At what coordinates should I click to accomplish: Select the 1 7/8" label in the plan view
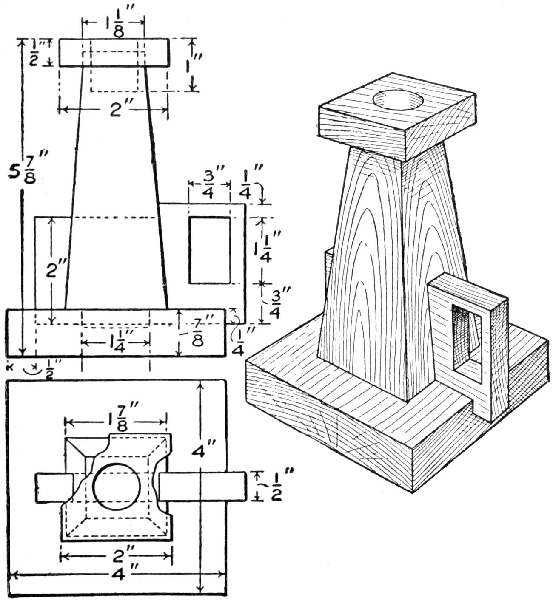(115, 422)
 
